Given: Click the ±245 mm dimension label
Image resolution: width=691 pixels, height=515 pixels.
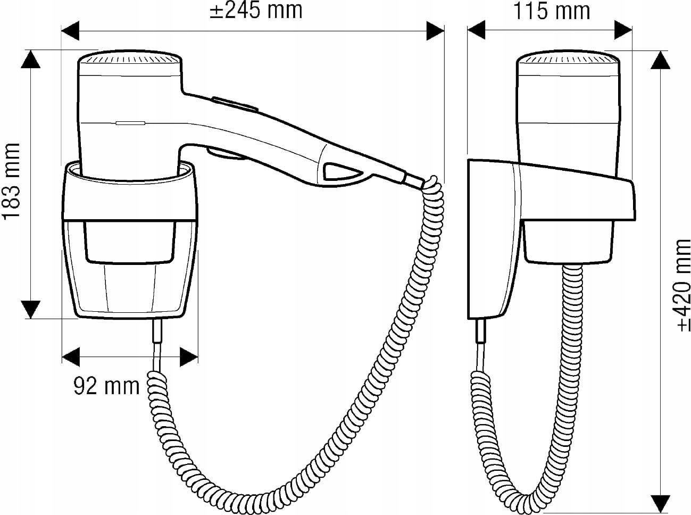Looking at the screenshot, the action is [x=256, y=11].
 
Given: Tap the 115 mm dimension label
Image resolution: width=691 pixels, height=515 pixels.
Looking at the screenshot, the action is [x=552, y=11].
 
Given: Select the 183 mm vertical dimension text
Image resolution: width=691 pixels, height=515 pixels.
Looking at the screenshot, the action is [x=11, y=180].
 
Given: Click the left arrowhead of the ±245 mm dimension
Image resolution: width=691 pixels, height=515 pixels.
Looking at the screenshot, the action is [x=70, y=31].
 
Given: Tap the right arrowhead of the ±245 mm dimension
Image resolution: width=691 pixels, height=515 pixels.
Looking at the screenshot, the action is [x=435, y=31].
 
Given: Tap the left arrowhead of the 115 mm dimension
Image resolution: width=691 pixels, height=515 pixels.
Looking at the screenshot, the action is [x=476, y=30].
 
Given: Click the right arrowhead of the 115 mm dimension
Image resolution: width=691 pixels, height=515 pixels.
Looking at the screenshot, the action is [x=623, y=30].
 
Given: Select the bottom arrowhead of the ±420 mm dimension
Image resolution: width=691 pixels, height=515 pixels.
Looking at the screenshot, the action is [x=660, y=504].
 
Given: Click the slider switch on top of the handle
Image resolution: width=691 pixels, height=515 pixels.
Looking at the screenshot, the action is [x=235, y=104].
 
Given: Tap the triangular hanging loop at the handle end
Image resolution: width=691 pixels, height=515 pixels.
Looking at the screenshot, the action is [x=342, y=171].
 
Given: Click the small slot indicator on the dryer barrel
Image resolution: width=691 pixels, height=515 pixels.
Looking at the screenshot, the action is [x=130, y=123].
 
